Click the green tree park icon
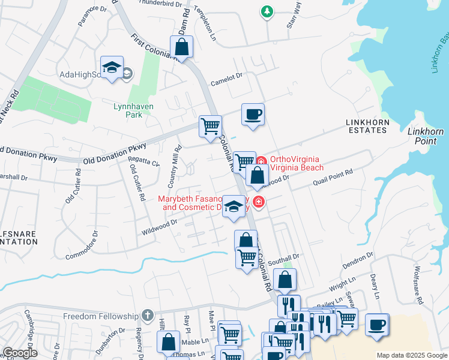[x=267, y=11]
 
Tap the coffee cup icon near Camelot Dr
[x=253, y=114]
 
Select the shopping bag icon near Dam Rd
[x=181, y=47]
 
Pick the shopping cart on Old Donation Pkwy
[x=210, y=127]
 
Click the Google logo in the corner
[x=20, y=353]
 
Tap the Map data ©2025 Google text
[x=411, y=355]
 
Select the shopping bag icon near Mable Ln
[x=168, y=342]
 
